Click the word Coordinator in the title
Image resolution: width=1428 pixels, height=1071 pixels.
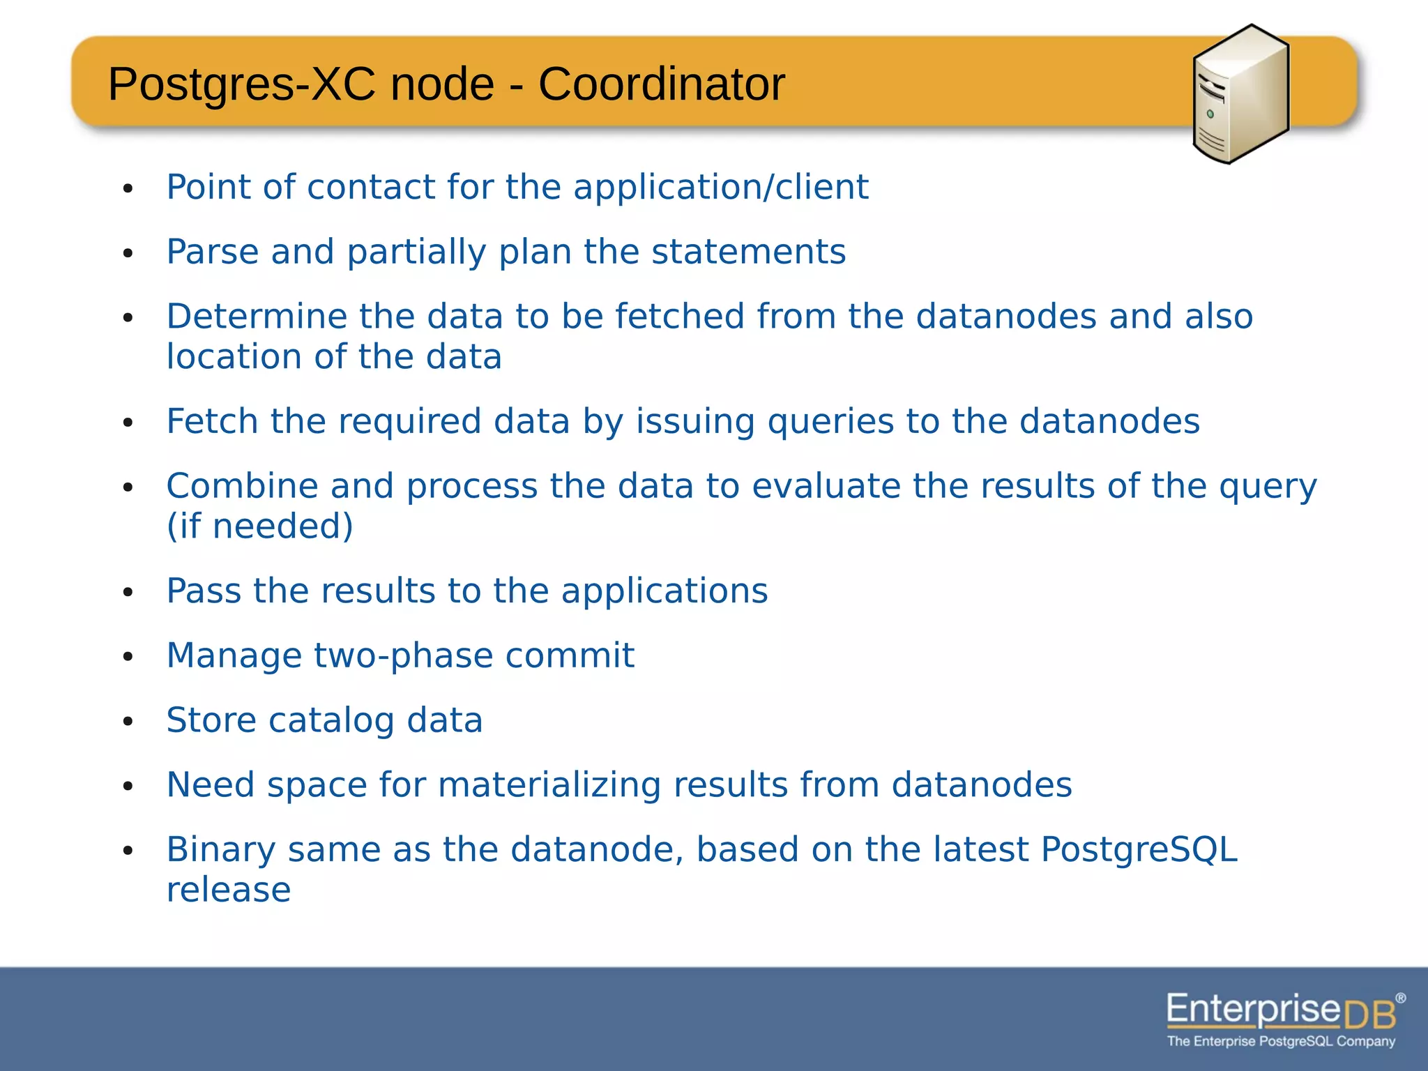tap(661, 84)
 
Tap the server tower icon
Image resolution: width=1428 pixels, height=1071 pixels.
tap(1240, 94)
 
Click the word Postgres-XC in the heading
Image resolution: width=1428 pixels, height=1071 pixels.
tap(241, 84)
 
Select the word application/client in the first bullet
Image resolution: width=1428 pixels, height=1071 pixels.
tap(721, 187)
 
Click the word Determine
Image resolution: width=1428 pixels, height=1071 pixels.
tap(257, 317)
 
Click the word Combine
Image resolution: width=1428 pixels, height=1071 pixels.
tap(242, 486)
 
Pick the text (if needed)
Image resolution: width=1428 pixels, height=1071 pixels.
tap(259, 526)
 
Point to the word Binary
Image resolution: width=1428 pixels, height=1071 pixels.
tap(221, 850)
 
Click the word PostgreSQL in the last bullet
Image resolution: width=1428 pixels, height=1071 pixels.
tap(1139, 850)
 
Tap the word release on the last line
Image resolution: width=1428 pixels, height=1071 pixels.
tap(229, 890)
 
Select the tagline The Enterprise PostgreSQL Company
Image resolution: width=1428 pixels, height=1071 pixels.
tap(1281, 1042)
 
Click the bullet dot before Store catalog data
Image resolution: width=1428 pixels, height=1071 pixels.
tap(128, 722)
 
